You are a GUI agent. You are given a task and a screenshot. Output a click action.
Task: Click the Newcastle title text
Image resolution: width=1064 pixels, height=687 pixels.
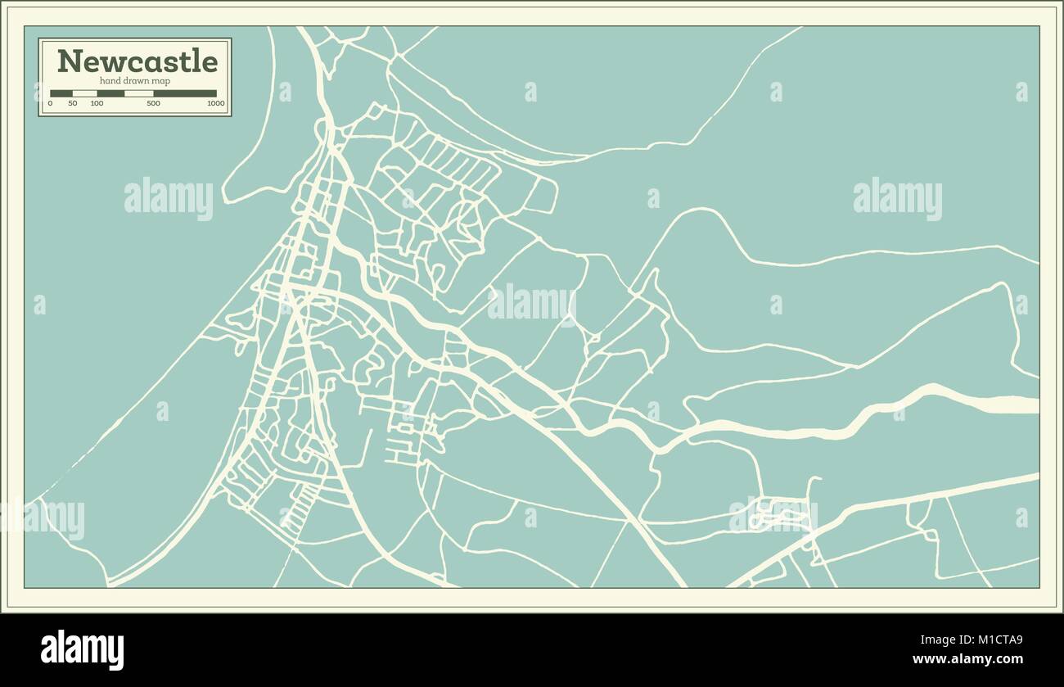[137, 61]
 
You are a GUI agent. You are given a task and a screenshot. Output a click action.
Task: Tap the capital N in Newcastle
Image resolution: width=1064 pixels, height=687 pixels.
[68, 61]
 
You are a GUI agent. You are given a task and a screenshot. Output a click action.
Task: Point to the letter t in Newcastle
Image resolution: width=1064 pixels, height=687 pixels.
[192, 61]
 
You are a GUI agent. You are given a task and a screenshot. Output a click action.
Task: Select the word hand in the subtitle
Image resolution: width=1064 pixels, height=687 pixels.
[109, 81]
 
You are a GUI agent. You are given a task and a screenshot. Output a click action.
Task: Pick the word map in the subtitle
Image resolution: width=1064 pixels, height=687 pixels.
[161, 81]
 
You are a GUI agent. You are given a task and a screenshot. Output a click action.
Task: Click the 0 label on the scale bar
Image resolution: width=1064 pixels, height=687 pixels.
[51, 104]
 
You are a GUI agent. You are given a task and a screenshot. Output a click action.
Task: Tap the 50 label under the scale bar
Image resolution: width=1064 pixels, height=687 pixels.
[73, 104]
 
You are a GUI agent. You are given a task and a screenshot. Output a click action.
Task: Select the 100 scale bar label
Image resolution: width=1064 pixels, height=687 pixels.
[97, 104]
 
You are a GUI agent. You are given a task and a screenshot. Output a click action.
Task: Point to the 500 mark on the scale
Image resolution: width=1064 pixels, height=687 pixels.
[153, 104]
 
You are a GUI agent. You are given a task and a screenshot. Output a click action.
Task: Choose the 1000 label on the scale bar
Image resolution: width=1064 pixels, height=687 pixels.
[215, 104]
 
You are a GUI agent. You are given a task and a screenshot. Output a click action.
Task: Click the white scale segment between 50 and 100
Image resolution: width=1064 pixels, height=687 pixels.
[85, 93]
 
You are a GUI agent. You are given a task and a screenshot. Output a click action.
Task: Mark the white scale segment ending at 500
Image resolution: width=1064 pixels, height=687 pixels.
[138, 93]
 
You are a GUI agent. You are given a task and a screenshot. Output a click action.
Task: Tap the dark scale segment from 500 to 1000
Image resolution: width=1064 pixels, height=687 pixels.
[185, 93]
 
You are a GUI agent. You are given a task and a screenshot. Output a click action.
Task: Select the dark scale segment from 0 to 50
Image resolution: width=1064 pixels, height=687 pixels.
[61, 93]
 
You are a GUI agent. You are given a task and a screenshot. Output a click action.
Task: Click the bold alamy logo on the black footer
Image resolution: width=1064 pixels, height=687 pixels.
[82, 649]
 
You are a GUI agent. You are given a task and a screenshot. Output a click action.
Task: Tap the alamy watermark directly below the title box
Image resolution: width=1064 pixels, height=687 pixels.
[169, 199]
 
